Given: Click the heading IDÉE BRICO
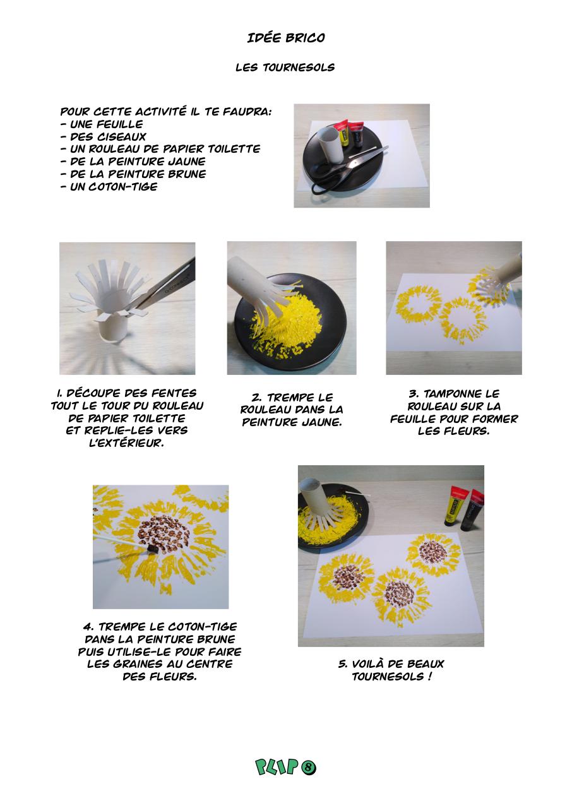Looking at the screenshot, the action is [286, 37].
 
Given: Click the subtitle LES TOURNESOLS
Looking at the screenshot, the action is [285, 68].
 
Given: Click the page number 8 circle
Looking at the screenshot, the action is [308, 767].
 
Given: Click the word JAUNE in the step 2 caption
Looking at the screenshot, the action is [322, 422].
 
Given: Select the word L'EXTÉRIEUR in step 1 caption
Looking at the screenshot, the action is [127, 443].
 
